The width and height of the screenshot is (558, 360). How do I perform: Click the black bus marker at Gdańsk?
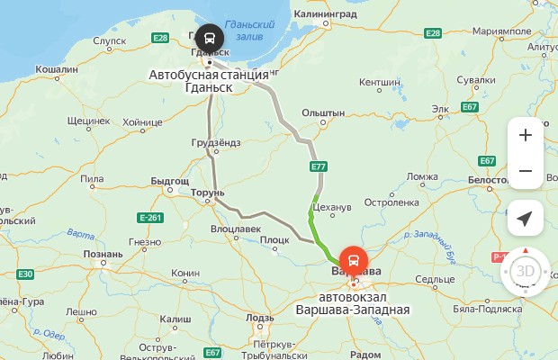coord(209,39)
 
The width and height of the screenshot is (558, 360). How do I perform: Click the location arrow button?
coord(525,219)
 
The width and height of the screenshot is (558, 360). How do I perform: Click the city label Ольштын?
coord(323,112)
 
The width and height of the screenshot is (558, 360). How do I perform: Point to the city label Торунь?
coord(206,193)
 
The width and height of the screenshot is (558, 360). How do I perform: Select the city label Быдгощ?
coord(169,181)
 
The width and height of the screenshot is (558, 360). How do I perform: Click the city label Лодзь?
coord(259,318)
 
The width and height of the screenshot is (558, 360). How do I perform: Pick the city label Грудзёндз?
coord(216,143)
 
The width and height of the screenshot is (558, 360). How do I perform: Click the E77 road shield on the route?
coord(318,167)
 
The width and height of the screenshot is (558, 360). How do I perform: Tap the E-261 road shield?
coord(149,218)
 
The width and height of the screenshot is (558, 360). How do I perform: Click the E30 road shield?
coord(25,274)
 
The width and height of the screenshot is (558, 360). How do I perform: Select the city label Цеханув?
coord(334,207)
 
